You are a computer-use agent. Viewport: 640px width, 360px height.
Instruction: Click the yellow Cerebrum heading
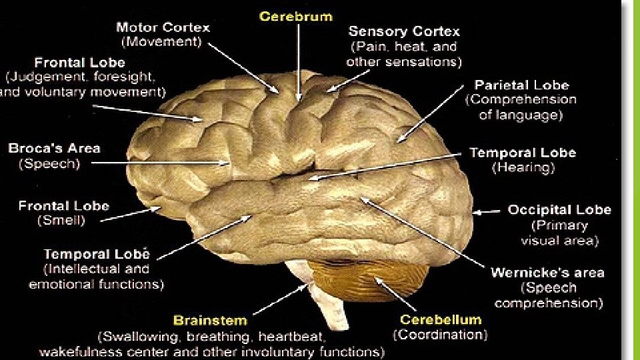point(295,16)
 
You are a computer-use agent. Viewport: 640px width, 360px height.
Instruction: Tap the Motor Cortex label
point(163,28)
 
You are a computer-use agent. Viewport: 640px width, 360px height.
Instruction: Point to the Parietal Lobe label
point(521,85)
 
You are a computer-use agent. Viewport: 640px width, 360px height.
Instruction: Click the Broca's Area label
point(54,148)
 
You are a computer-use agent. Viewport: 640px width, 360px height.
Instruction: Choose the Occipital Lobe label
point(559,210)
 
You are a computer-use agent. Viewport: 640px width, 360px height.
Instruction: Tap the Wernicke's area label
point(547,273)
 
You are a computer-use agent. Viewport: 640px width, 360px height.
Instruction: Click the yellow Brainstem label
point(210,321)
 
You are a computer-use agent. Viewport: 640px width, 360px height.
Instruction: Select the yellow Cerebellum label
point(440,319)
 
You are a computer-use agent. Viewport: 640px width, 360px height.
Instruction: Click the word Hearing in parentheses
point(523,168)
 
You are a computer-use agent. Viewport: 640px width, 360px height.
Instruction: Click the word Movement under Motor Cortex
point(160,42)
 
